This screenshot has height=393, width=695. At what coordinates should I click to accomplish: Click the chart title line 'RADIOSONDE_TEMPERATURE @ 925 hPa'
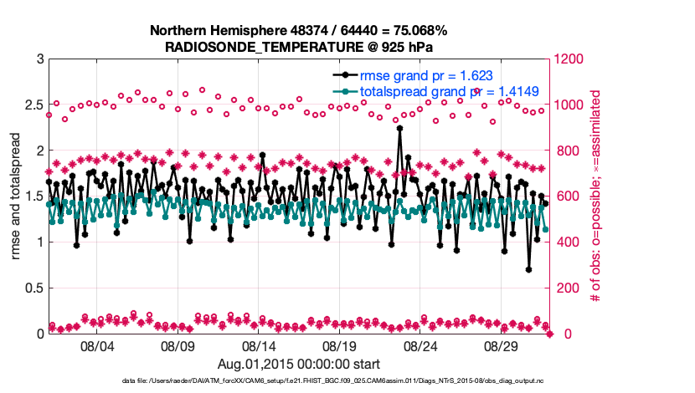(298, 47)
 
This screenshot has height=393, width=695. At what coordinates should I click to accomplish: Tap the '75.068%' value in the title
(419, 31)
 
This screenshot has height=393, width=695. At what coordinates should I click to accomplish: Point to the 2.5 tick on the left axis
(34, 105)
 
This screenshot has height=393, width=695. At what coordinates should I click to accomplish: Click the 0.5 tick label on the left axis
(34, 288)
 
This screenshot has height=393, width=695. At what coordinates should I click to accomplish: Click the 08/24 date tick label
(420, 345)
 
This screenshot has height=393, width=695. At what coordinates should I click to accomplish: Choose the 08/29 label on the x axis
(502, 345)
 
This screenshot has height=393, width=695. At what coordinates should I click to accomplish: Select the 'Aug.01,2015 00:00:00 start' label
(299, 364)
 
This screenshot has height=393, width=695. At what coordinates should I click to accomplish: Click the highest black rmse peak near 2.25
(400, 128)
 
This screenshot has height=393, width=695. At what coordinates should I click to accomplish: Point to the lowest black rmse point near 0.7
(528, 269)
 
